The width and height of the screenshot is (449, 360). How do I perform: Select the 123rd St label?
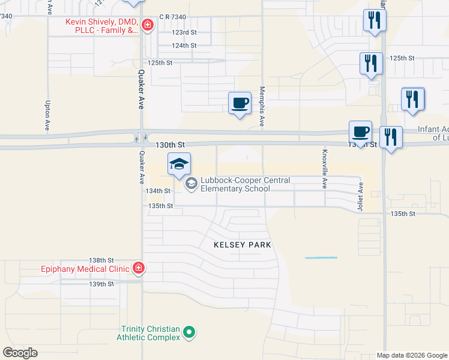coord(184,32)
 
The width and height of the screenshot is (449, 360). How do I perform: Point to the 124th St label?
coord(184,45)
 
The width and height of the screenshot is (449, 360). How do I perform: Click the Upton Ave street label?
coord(47,116)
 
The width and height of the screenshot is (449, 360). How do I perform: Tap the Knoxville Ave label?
coord(325,169)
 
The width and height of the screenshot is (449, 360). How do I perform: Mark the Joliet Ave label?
coord(361,196)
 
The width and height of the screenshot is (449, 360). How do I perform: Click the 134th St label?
coord(158,191)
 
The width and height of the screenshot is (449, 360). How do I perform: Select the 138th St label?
coord(101,260)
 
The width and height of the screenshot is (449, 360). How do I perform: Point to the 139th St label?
coord(101,284)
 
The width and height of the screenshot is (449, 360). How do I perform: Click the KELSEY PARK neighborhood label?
coord(243,245)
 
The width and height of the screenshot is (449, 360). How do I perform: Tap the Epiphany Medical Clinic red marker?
coord(139,268)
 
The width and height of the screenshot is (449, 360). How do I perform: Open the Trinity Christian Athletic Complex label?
coord(151,333)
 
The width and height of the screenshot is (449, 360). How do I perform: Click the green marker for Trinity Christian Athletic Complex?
coord(189,331)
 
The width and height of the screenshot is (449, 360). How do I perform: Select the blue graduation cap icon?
coord(179,164)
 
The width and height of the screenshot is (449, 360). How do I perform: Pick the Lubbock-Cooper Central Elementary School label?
coord(246,184)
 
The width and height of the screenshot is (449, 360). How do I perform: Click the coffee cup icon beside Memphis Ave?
coord(240,103)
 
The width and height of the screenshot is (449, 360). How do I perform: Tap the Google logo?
coord(20,353)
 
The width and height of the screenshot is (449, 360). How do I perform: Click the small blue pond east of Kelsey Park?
coord(321,258)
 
